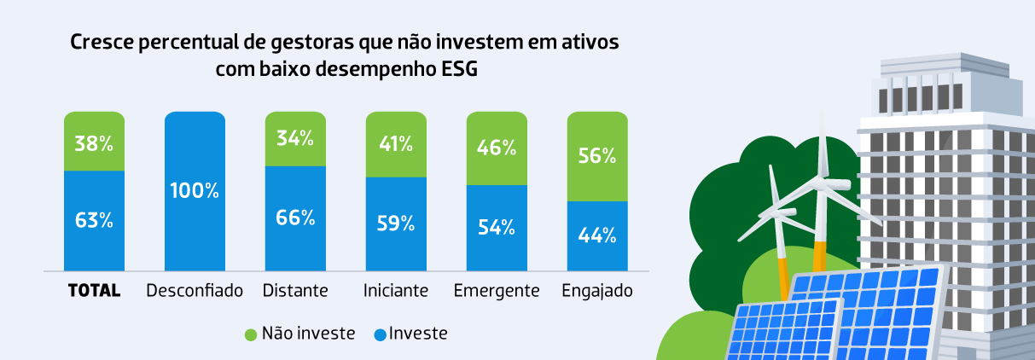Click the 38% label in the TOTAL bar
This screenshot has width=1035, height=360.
(94, 143)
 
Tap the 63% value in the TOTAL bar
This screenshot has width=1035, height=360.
(94, 220)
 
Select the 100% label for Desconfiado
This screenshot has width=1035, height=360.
(195, 190)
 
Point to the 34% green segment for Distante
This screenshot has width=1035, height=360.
(295, 138)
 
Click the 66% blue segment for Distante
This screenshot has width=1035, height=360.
(295, 218)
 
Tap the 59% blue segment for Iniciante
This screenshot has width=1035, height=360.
(396, 224)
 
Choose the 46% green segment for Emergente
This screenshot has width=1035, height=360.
(497, 148)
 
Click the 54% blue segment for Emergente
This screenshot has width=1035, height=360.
(497, 228)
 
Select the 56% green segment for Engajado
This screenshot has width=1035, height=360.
(597, 156)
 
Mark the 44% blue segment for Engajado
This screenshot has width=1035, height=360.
(597, 236)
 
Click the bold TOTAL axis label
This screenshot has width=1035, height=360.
(94, 291)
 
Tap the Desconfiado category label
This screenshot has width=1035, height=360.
(195, 291)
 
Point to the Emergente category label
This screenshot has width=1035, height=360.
(497, 291)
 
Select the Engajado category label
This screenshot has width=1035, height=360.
(597, 291)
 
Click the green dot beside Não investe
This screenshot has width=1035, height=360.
(251, 334)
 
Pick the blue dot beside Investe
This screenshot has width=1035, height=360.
(380, 334)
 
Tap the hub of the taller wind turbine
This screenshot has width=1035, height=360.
(823, 180)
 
